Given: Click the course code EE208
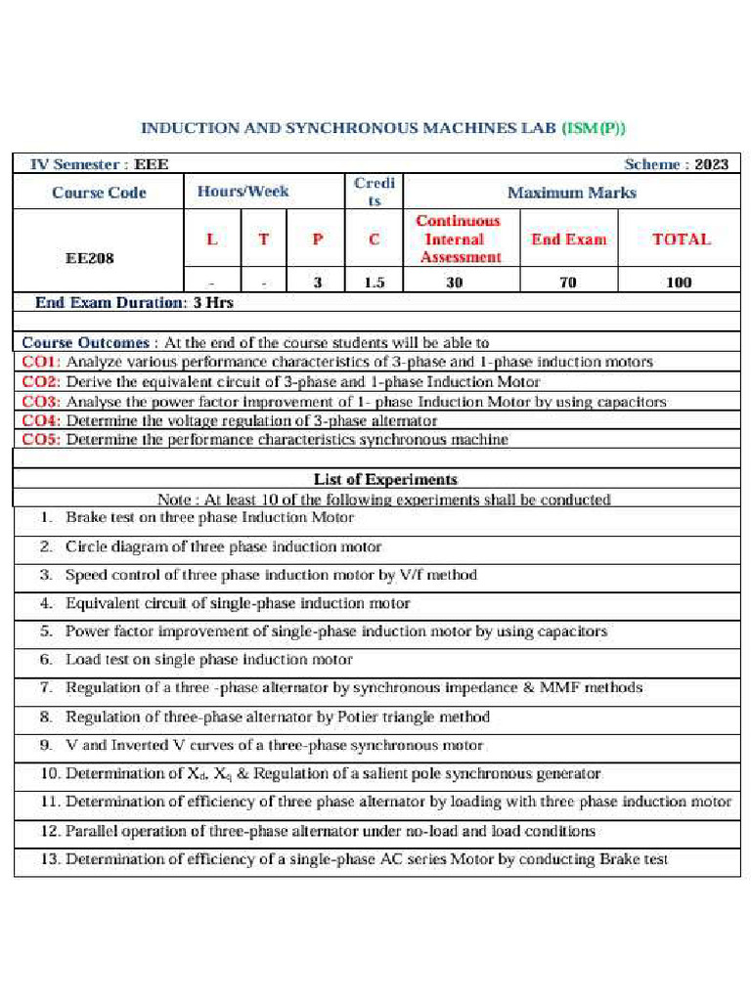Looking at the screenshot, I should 89,259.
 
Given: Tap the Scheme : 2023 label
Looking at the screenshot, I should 676,164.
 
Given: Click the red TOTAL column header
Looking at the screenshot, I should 681,239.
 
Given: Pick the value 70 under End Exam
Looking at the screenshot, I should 567,283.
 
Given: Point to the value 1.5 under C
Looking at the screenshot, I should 374,283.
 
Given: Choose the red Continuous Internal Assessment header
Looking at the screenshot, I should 459,239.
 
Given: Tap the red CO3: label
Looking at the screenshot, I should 42,402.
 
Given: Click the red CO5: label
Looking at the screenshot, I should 42,440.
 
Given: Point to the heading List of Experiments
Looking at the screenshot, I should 384,479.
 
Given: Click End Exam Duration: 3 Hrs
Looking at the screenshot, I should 134,303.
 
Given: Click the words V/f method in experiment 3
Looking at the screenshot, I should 439,575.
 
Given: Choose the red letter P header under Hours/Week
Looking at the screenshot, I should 318,239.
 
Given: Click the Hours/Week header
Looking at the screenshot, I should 243,192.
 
